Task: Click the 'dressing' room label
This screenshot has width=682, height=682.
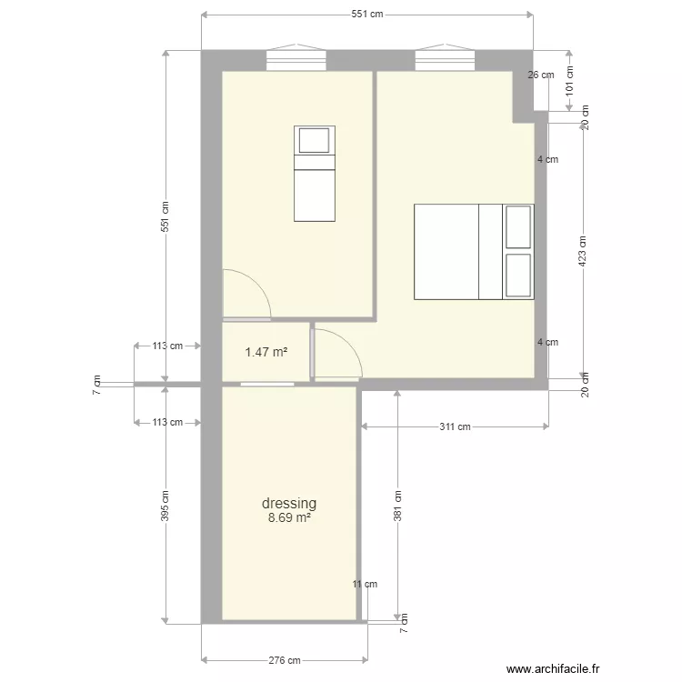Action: [x=289, y=503]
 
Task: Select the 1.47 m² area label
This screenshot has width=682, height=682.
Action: [x=267, y=351]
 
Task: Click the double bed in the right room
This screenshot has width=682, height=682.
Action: [x=473, y=252]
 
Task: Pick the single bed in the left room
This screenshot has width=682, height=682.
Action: [x=315, y=173]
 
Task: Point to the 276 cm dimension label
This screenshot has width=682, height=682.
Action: [x=285, y=661]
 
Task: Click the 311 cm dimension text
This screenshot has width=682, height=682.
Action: [x=456, y=426]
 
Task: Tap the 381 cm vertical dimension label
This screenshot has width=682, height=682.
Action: [x=397, y=505]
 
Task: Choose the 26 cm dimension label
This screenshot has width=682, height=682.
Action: [x=540, y=75]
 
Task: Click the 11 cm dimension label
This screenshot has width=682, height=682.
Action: [x=365, y=585]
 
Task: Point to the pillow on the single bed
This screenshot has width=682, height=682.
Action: [x=315, y=141]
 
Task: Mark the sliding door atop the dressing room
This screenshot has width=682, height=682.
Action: [x=267, y=385]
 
